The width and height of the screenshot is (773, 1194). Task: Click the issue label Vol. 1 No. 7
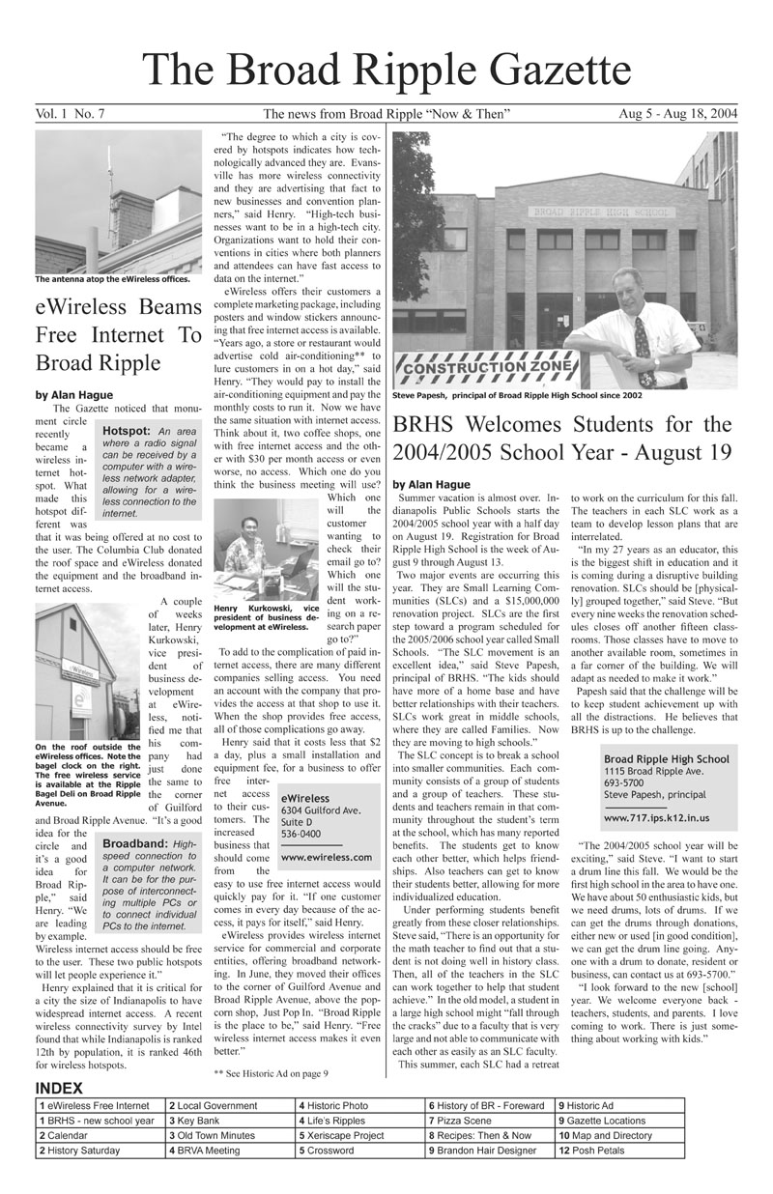tap(70, 115)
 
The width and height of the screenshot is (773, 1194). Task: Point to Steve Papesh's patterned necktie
tap(642, 337)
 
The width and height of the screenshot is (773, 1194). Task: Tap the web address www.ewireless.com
tap(326, 857)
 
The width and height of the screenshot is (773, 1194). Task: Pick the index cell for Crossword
tap(359, 1151)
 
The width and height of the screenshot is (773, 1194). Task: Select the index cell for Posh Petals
tap(619, 1151)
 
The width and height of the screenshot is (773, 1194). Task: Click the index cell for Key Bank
tap(229, 1121)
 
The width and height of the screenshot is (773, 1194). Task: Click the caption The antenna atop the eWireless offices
tap(112, 281)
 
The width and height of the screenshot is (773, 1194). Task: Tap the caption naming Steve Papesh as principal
tap(517, 394)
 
